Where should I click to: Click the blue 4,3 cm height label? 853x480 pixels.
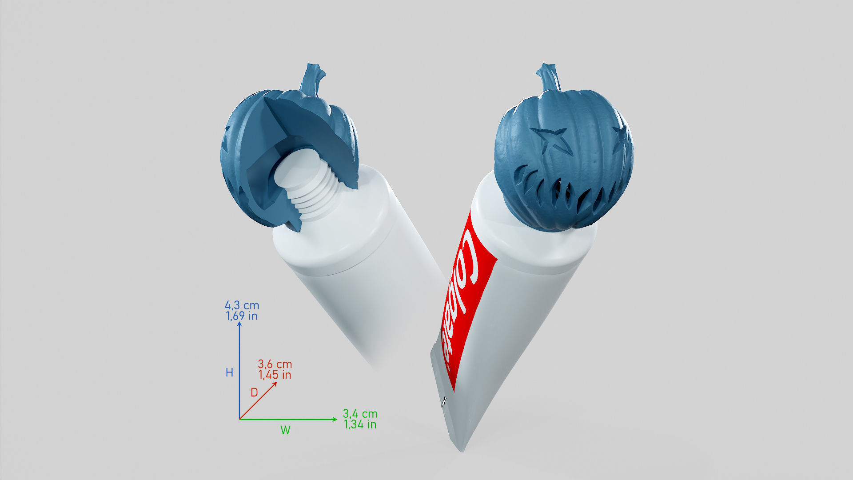pos(242,305)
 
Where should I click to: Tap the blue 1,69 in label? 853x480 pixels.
pos(242,316)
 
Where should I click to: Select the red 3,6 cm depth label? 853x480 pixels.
pos(275,364)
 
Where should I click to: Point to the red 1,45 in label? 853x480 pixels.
pos(275,375)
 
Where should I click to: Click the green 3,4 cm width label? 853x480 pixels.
pos(360,414)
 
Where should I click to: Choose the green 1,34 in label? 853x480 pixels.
pos(360,424)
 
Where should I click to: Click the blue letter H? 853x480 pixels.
pos(229,372)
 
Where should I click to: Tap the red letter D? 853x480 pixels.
pos(254,392)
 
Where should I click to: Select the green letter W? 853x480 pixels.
pos(285,430)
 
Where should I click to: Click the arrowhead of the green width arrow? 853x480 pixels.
pos(335,419)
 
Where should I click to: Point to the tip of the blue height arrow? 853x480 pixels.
pos(239,324)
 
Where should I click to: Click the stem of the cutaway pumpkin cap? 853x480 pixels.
pos(312,80)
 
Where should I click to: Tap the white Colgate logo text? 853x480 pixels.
pos(462,293)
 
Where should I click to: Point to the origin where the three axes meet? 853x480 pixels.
pos(239,419)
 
